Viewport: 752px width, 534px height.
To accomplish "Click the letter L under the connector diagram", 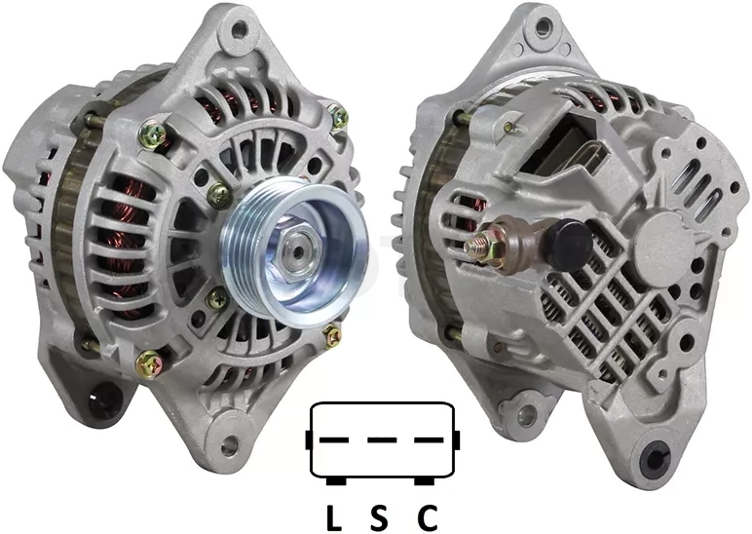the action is click(334, 517).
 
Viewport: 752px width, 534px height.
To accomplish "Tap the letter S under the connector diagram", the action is click(378, 517).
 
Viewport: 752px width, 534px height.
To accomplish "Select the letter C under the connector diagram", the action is click(427, 517).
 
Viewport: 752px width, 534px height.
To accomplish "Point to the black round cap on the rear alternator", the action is click(569, 244).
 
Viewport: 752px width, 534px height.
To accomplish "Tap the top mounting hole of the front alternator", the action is click(238, 31).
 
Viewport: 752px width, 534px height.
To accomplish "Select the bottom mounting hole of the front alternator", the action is click(230, 445).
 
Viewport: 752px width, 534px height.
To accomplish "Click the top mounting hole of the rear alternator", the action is click(543, 27).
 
